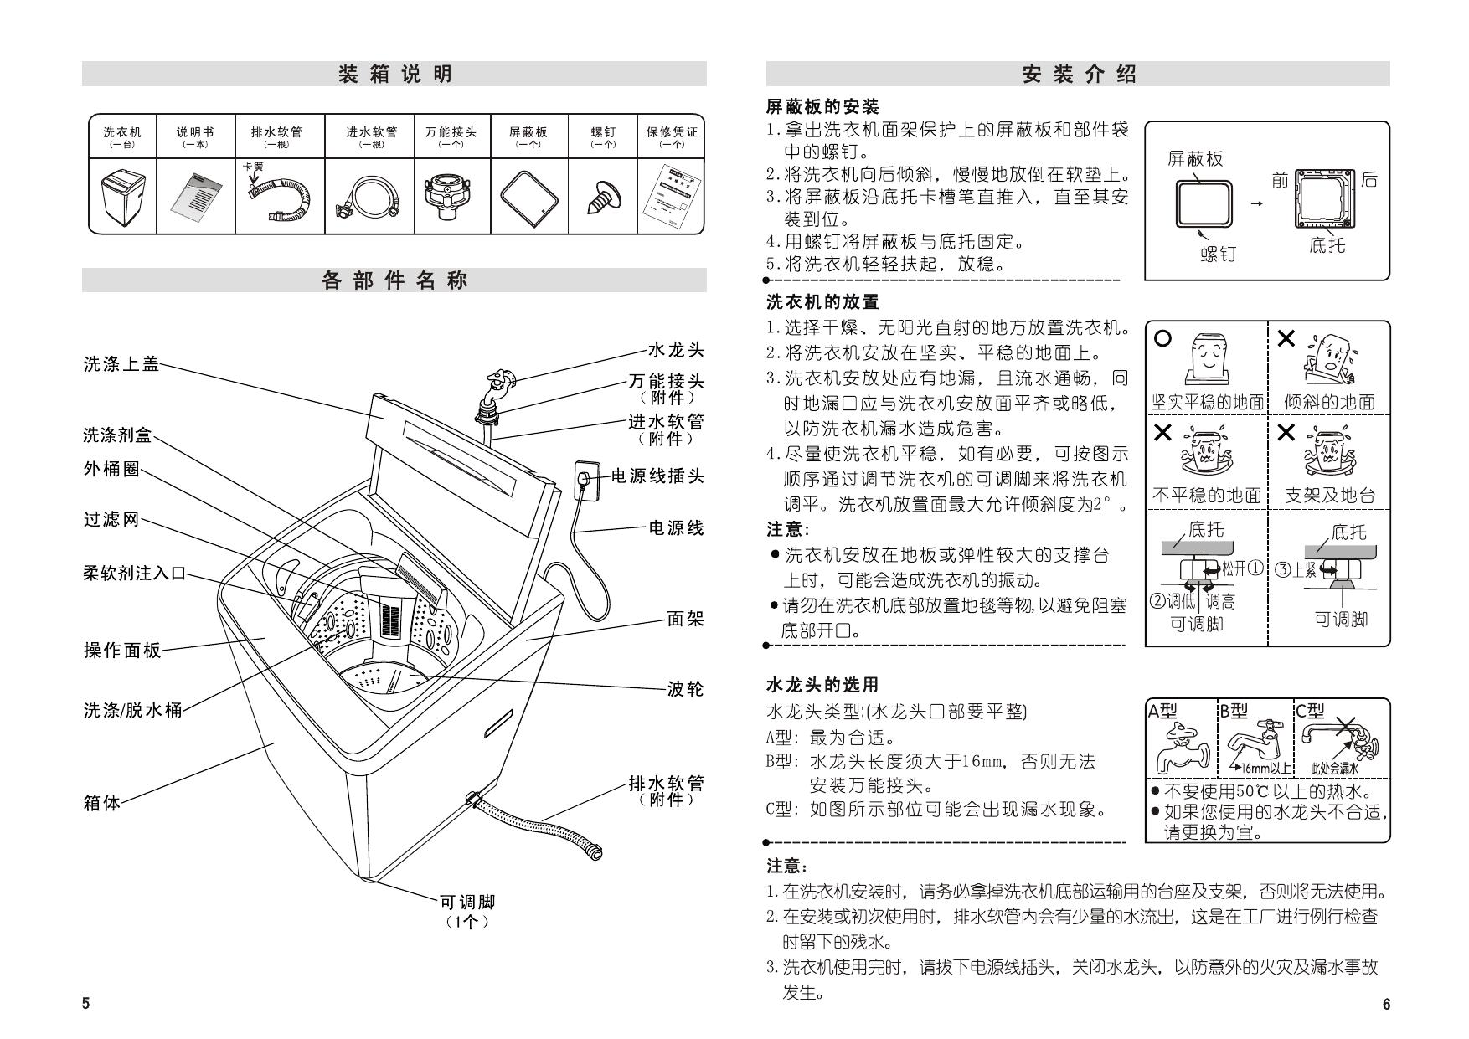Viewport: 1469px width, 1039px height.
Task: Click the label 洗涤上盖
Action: (x=121, y=364)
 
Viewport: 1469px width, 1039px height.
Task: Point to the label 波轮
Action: (x=685, y=689)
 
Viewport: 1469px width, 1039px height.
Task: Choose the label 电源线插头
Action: (x=657, y=476)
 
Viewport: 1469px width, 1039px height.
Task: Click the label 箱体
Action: (x=102, y=803)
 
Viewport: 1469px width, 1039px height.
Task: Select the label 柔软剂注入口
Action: (x=135, y=574)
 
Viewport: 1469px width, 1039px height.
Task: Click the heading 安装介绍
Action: (x=1079, y=75)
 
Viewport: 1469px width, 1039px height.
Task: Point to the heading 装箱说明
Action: (x=394, y=75)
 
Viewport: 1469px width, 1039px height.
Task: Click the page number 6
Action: (x=1386, y=1005)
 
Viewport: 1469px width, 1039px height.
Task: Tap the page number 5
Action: (x=85, y=1005)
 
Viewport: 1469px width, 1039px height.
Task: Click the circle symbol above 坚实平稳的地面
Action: (x=1163, y=339)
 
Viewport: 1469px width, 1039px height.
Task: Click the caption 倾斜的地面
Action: (x=1329, y=402)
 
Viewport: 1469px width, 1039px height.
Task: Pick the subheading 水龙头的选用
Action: (x=822, y=685)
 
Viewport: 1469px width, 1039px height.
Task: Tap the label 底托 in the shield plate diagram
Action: (x=1327, y=245)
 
